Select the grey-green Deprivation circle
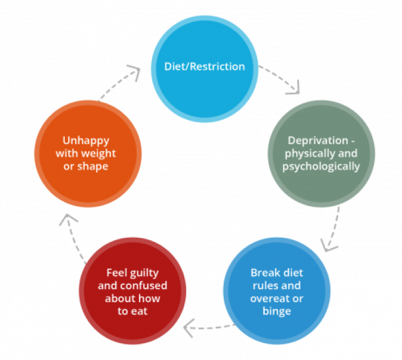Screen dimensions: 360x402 (321, 154)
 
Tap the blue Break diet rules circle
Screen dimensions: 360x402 (277, 291)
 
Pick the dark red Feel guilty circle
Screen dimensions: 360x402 (132, 291)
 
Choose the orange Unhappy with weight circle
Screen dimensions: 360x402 (88, 154)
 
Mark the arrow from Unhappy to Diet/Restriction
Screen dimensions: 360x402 (119, 83)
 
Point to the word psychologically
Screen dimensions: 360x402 (321, 166)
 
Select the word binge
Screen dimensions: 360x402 (277, 311)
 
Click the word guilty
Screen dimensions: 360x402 (141, 273)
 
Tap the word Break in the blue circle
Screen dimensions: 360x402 (264, 273)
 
